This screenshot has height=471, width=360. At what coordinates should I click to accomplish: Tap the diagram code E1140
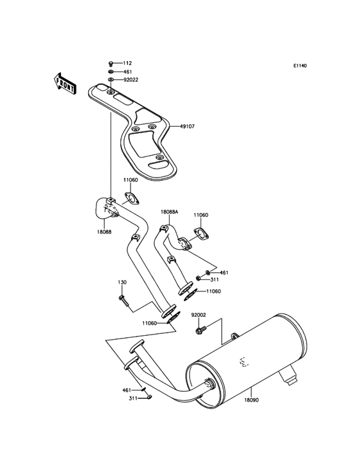pos(300,66)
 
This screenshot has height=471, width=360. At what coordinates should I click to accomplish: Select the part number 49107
pos(187,127)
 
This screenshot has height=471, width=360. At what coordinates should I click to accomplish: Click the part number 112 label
pos(127,63)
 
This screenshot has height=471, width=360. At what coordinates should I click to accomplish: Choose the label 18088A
pos(170,211)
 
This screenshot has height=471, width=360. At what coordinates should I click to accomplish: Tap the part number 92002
pos(199,315)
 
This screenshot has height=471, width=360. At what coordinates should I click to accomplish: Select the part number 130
pos(122,282)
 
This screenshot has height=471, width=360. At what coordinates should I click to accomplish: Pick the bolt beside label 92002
pos(198,329)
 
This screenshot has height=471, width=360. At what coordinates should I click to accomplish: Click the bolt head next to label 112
pos(111,63)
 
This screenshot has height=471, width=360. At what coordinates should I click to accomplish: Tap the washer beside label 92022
pos(111,80)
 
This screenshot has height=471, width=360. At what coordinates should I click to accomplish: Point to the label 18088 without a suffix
pos(105,232)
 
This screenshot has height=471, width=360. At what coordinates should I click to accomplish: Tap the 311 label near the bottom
pos(133,399)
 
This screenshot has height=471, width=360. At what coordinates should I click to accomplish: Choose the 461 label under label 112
pos(127,71)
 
